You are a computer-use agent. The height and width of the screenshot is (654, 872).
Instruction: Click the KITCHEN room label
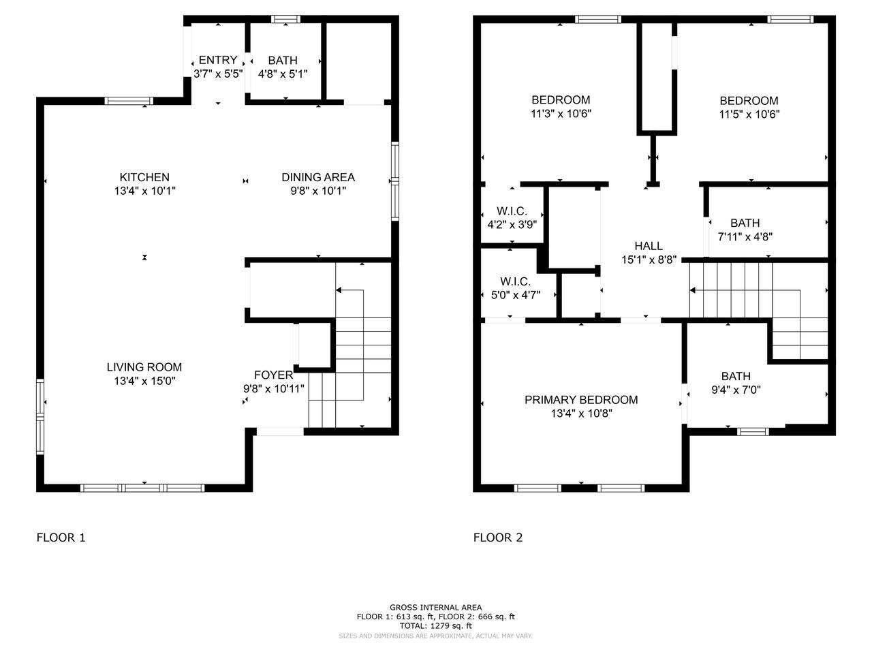tap(144, 177)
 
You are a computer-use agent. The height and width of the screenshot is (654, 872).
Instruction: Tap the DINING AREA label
tap(318, 177)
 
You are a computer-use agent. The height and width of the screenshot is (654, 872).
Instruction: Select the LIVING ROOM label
tap(144, 367)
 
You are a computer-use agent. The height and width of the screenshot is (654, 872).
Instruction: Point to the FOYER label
tap(273, 375)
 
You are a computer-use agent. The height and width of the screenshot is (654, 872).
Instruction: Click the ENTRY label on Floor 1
tap(218, 60)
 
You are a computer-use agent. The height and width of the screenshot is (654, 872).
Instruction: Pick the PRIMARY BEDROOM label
tap(581, 400)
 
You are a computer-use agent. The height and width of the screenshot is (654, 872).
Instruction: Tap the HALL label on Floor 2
tap(649, 246)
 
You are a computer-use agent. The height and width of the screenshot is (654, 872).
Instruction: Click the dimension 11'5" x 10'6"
tap(749, 114)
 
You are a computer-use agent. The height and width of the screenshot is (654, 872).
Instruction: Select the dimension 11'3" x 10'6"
tap(561, 114)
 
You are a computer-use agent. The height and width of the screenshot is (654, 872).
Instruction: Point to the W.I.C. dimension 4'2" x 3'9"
tap(512, 225)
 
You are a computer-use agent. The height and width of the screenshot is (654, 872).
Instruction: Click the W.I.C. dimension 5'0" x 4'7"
tap(516, 295)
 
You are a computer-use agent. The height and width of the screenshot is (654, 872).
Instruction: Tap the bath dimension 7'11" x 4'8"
tap(745, 236)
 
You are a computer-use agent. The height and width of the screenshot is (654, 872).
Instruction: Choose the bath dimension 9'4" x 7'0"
tap(736, 390)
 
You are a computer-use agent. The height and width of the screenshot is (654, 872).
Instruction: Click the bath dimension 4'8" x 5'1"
tap(283, 74)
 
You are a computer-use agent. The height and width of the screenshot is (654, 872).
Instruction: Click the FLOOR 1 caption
tap(61, 538)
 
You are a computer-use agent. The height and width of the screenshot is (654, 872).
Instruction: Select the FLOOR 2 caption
tap(498, 538)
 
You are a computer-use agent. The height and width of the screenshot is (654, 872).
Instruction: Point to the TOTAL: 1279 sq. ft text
tap(436, 626)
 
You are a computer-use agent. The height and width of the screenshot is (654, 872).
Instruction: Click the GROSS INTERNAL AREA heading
tap(436, 607)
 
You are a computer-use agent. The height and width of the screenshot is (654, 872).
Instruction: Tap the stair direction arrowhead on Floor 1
tap(339, 290)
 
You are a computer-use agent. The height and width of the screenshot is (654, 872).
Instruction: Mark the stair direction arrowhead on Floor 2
tap(692, 290)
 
